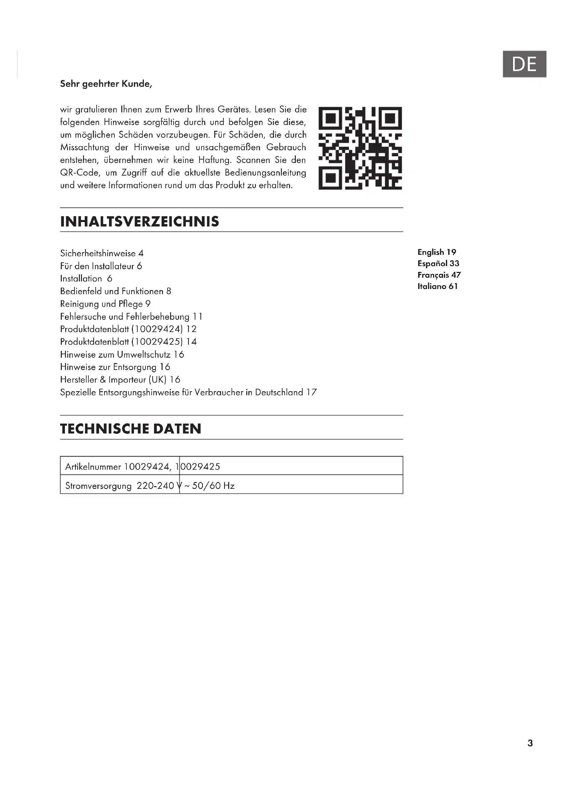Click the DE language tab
[524, 64]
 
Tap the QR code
[360, 148]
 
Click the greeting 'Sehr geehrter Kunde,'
[106, 84]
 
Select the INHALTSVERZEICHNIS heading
[139, 222]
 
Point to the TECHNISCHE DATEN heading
[130, 429]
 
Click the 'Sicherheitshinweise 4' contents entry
[101, 253]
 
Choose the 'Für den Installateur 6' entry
[101, 266]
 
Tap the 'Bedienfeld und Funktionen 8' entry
[115, 291]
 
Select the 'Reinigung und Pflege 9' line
[105, 304]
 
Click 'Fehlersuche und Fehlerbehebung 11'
[131, 317]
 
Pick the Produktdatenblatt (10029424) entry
[128, 329]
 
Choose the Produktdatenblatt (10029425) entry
[128, 342]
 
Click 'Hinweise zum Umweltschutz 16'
[122, 355]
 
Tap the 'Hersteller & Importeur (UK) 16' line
[120, 380]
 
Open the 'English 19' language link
[437, 252]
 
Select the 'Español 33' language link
[438, 263]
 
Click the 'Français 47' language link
[439, 275]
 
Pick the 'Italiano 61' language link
[438, 286]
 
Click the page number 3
[530, 743]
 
